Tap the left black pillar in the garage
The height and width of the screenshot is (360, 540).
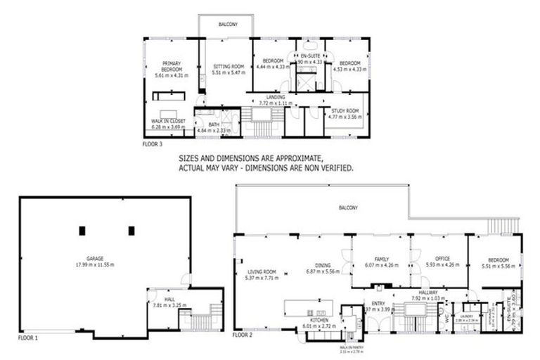(82, 230)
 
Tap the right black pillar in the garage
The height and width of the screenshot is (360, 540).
(131, 230)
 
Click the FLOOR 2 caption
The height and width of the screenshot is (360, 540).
(243, 335)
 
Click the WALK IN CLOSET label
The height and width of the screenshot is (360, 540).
(168, 121)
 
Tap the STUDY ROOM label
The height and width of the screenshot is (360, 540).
(345, 111)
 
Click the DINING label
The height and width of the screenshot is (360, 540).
(323, 265)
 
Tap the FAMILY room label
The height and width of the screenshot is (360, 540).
(381, 259)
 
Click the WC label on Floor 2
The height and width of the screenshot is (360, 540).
(445, 317)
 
